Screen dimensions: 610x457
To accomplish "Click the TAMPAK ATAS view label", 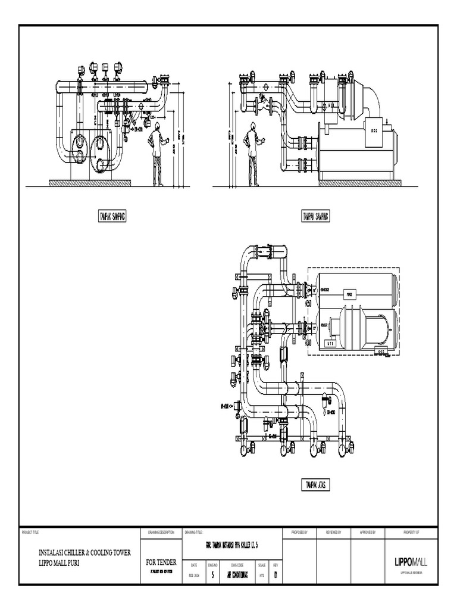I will (x=315, y=485).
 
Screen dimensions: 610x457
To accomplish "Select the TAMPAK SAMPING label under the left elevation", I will (x=111, y=216).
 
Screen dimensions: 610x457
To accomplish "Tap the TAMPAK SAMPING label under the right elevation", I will (x=315, y=216).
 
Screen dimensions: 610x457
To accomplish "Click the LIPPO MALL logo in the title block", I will (x=411, y=562).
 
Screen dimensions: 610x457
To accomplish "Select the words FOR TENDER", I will (x=161, y=562).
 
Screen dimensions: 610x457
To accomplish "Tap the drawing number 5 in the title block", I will (x=213, y=575).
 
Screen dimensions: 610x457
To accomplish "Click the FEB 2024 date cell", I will (x=195, y=575).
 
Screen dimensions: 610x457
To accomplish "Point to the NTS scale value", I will (x=262, y=575).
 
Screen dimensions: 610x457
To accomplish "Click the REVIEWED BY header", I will (x=334, y=531).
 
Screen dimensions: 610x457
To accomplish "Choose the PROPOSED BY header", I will (x=299, y=531).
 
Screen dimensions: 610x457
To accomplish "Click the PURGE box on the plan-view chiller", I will (x=350, y=293).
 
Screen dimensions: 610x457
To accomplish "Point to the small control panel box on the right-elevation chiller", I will (x=374, y=130).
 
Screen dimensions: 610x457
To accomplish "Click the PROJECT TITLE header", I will (x=30, y=531).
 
